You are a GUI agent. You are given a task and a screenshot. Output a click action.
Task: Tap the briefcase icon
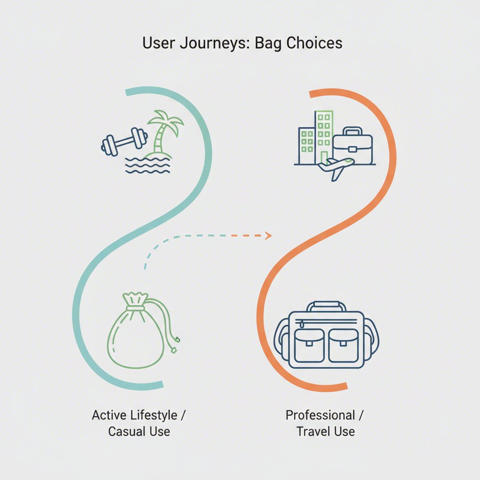(352, 146)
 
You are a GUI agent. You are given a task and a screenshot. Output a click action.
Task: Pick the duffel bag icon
(327, 336)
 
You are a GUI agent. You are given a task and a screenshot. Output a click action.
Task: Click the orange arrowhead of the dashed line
(269, 235)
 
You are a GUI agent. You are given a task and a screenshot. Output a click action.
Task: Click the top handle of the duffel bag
(327, 305)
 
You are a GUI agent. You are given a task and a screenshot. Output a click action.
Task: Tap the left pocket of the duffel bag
(308, 345)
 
